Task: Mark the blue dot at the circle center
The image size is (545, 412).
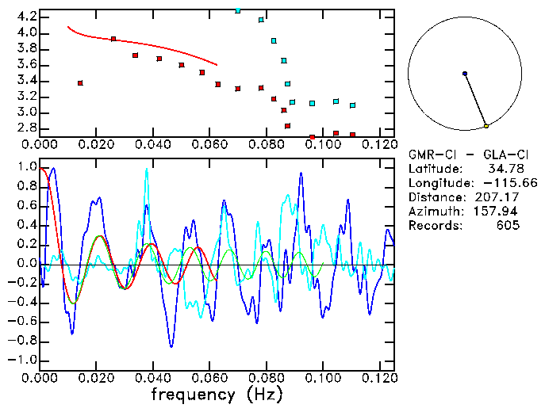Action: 465,74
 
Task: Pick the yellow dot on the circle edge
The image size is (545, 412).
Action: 486,126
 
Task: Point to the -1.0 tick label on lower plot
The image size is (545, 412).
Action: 24,360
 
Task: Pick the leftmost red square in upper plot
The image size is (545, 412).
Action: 80,82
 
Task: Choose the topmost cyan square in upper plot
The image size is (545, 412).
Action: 238,10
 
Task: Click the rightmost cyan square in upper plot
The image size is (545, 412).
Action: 352,105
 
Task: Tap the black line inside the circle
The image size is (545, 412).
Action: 476,101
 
